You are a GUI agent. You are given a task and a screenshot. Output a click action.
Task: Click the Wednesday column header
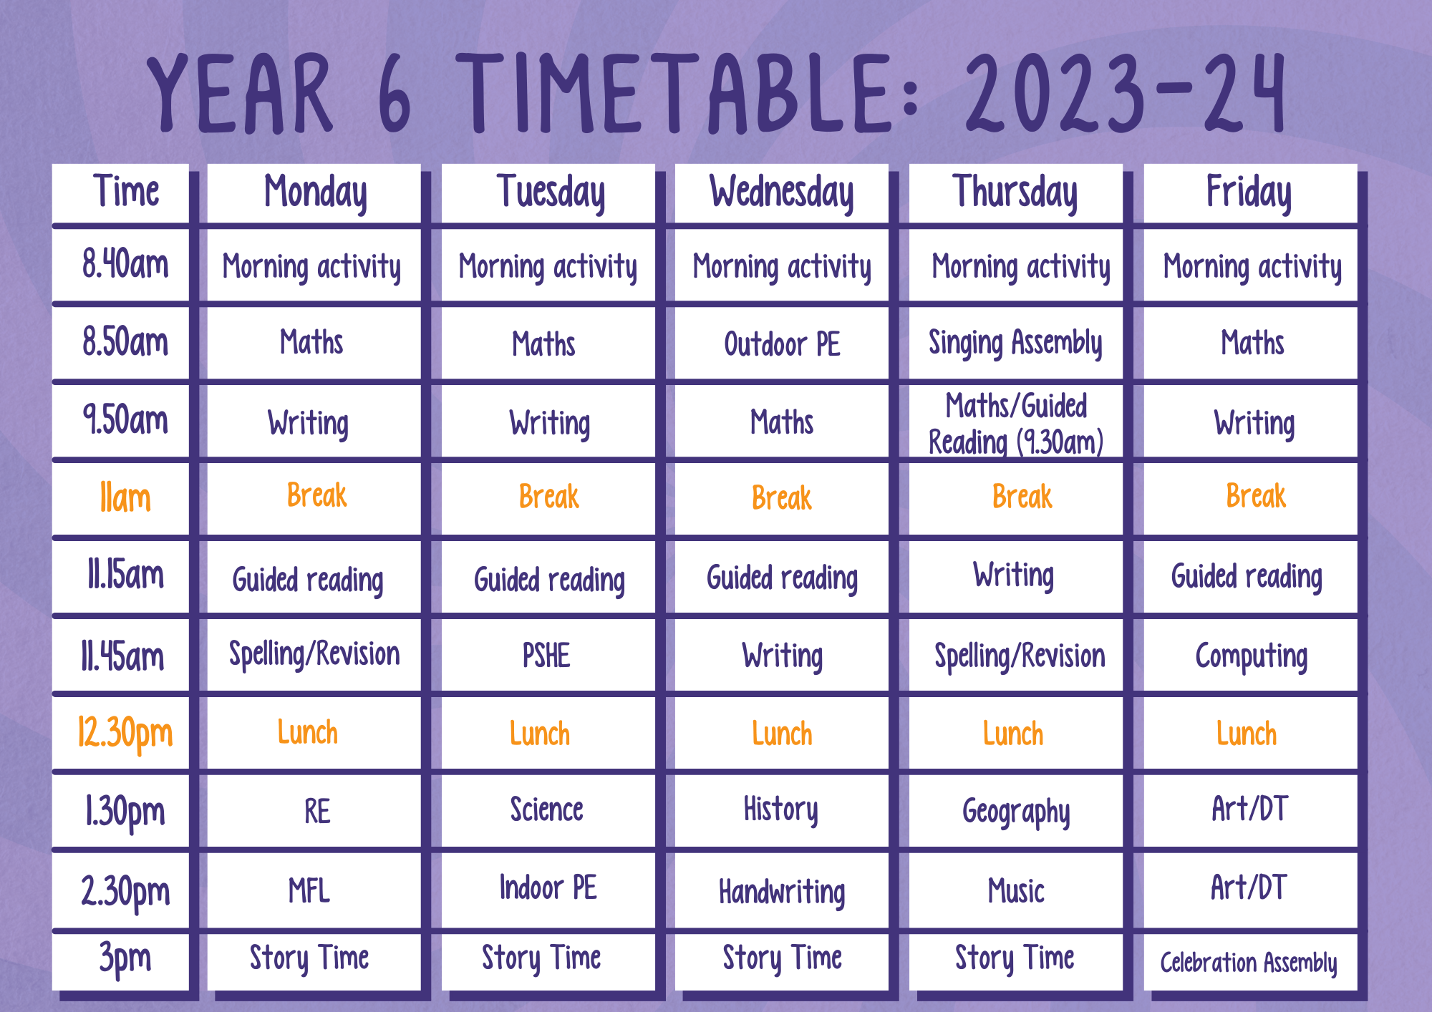[781, 193]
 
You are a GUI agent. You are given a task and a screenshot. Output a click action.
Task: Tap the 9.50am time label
[125, 420]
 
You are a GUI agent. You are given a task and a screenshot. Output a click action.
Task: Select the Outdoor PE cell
[781, 344]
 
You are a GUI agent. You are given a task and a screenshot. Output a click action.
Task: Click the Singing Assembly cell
[1015, 344]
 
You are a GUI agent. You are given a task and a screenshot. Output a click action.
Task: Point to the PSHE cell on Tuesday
[547, 656]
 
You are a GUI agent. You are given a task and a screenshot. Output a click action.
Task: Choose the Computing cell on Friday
[1250, 656]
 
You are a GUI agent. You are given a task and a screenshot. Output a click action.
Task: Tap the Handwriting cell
[781, 891]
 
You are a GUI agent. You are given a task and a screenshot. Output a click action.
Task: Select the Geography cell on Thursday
[1015, 812]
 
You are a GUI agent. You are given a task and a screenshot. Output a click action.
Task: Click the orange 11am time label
[125, 498]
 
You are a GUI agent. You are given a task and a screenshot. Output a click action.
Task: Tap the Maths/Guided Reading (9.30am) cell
[1015, 422]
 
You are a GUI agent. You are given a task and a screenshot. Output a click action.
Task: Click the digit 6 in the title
[395, 94]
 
